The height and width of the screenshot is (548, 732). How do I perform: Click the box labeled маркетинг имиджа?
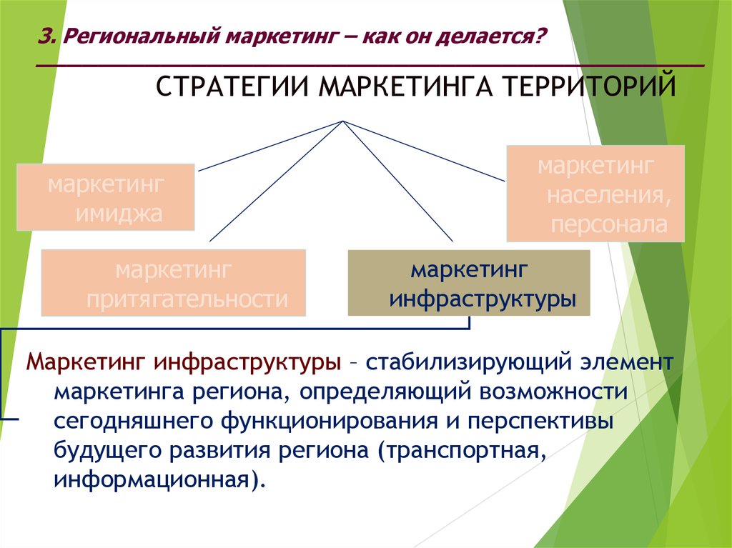coord(106,197)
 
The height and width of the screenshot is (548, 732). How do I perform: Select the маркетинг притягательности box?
coord(174,283)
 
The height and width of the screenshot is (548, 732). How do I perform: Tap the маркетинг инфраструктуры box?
coord(469,283)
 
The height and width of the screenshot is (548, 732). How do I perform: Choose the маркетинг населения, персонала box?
coord(595,193)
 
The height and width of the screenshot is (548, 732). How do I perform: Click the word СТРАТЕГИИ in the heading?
coord(232,87)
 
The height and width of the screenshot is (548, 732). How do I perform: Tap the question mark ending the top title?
coord(541,36)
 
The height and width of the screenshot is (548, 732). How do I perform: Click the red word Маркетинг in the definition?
coord(86,362)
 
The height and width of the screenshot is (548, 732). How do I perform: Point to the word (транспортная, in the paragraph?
coord(463,452)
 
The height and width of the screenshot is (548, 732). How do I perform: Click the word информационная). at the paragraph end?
coord(159,479)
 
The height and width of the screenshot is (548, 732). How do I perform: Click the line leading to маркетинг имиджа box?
coord(270,146)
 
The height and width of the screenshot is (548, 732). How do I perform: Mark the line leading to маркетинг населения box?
coord(423,151)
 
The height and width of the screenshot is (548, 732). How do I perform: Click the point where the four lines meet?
coord(342,121)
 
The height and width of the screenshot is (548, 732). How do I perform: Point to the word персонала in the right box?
coord(609,225)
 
